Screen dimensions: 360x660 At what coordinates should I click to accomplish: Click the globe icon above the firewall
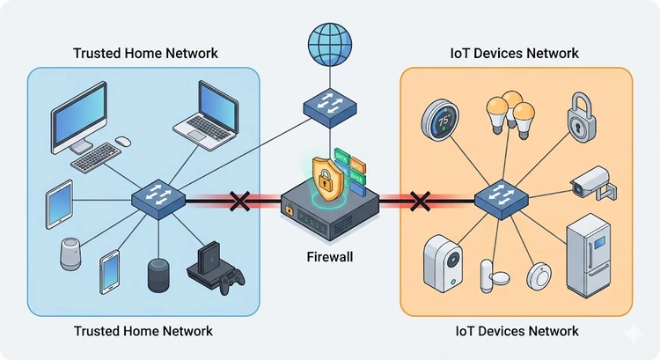[329, 40]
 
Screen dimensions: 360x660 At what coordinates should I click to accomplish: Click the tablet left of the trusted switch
[59, 204]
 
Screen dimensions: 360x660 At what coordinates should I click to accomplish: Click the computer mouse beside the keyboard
[122, 141]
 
